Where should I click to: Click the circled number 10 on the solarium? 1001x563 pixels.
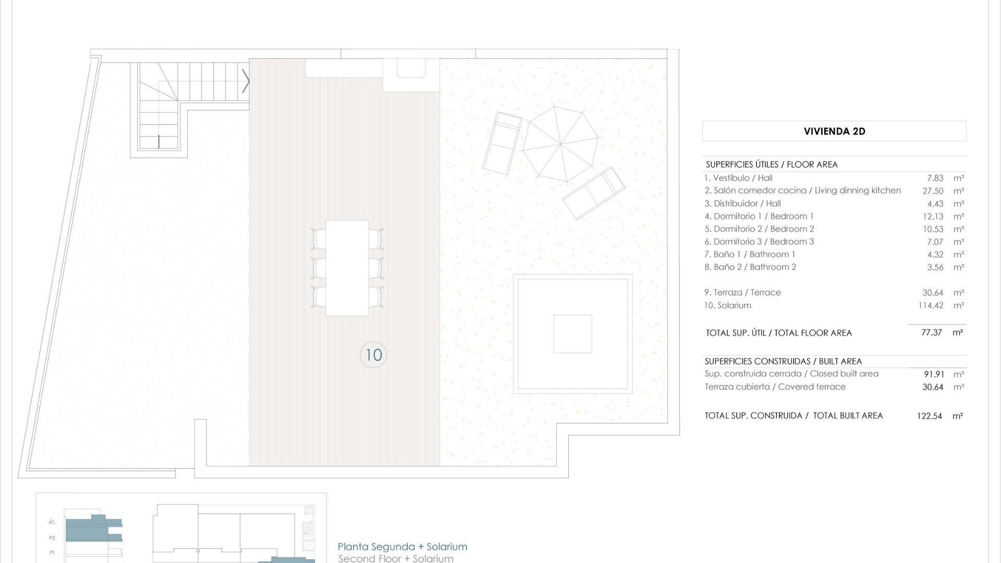tap(373, 355)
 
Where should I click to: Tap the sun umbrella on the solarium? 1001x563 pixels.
tap(560, 143)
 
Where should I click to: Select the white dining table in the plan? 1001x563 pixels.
tap(347, 268)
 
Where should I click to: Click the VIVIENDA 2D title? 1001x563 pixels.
tap(834, 131)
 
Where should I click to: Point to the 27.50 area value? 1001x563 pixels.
tap(933, 191)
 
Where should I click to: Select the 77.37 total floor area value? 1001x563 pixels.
tap(932, 333)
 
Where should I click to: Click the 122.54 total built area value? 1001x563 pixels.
tap(930, 416)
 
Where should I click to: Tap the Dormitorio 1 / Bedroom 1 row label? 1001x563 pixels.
tap(759, 216)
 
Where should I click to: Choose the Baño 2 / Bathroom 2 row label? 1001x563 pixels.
tap(750, 267)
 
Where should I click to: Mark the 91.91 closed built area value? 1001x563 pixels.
tap(933, 374)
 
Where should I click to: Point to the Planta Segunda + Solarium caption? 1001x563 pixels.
tap(402, 547)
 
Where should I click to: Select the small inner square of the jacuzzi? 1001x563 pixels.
tap(572, 334)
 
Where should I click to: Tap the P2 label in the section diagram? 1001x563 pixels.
tap(52, 538)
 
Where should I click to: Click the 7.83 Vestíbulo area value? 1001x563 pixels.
tap(935, 178)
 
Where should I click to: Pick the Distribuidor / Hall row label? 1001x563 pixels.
tap(742, 204)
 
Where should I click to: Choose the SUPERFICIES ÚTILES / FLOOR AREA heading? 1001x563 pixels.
tap(772, 165)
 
